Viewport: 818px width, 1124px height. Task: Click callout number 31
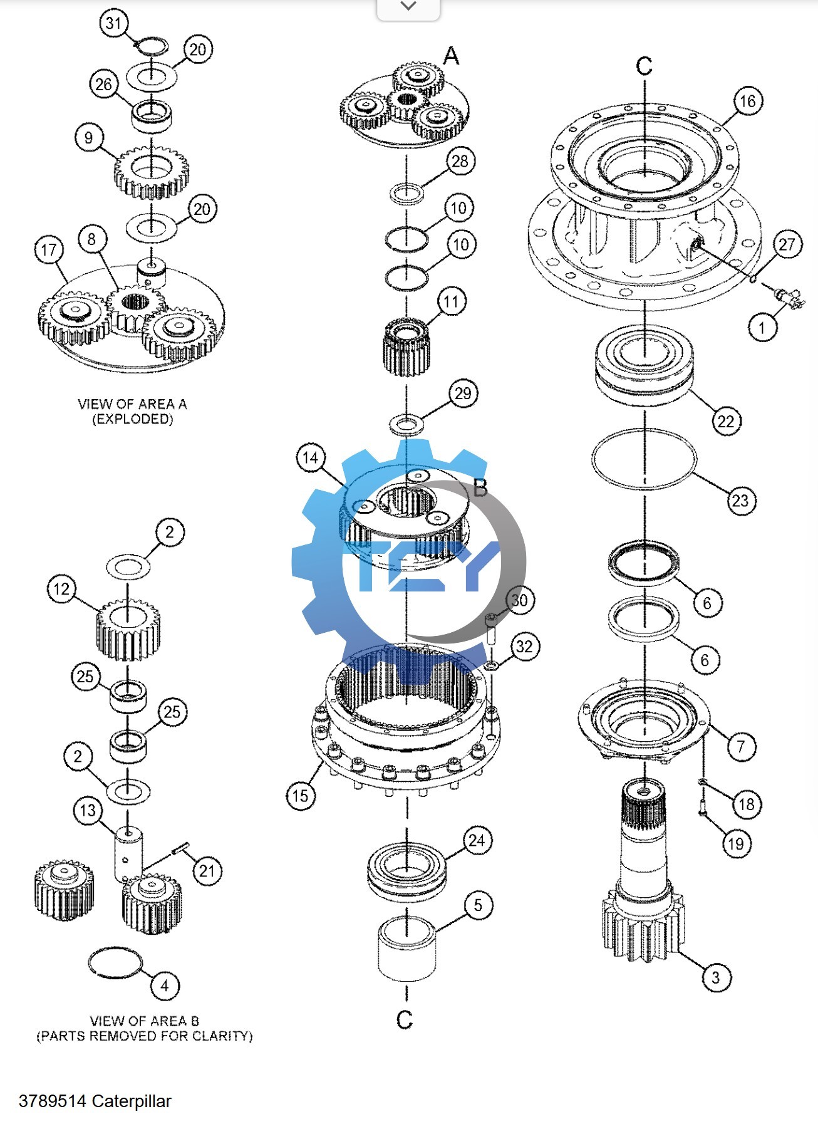click(x=113, y=23)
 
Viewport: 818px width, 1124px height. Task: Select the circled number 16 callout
click(x=748, y=101)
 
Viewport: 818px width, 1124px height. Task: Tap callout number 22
click(x=726, y=420)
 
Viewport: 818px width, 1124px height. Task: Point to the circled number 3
click(x=716, y=977)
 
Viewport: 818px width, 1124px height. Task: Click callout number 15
click(x=301, y=796)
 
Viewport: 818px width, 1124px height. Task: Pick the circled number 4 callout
click(x=165, y=986)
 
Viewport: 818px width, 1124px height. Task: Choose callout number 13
click(x=88, y=810)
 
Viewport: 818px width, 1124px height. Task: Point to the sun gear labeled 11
click(x=406, y=348)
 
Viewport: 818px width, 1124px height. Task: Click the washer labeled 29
click(x=407, y=425)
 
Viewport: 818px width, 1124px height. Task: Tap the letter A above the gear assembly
click(x=451, y=56)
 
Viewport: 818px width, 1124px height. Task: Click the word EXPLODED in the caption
click(x=132, y=419)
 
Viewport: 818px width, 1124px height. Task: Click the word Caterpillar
click(x=132, y=1101)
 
